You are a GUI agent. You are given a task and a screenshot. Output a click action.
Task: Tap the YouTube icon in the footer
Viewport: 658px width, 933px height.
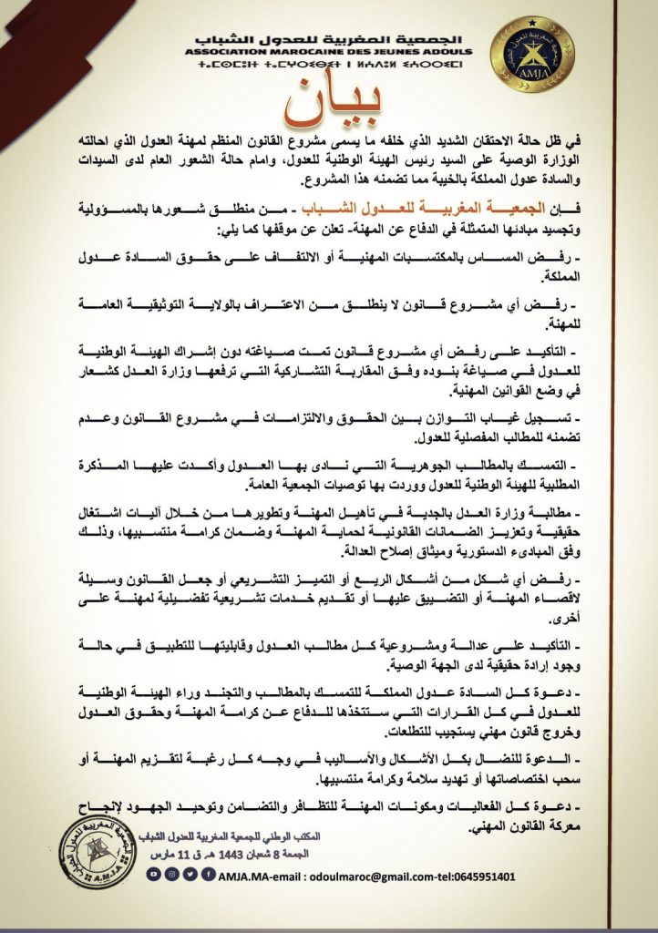click(x=155, y=875)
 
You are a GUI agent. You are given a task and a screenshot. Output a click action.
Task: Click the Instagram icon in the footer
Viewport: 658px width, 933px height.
click(x=170, y=875)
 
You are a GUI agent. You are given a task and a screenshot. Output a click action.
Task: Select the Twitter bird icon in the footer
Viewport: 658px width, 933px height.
click(x=185, y=875)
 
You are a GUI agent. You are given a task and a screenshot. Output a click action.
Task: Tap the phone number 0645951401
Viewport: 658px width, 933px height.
click(x=480, y=876)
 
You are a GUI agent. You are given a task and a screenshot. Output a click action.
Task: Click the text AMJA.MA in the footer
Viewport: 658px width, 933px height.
click(x=239, y=876)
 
